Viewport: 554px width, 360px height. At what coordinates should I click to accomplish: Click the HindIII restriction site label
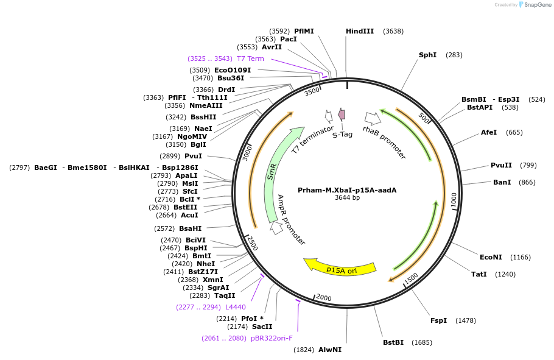coord(360,31)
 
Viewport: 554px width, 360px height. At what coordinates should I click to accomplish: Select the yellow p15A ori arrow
coord(340,267)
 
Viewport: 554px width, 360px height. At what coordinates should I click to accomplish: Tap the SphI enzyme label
coord(427,55)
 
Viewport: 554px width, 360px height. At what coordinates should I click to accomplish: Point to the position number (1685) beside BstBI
coord(422,342)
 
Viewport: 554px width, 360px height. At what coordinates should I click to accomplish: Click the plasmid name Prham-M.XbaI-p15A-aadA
coord(347,190)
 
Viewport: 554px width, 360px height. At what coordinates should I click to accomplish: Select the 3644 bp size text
coord(347,197)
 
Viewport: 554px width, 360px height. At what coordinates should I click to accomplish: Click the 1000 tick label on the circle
coord(453,200)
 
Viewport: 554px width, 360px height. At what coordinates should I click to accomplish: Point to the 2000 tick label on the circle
coord(323,297)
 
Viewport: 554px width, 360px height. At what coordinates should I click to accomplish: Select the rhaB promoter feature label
coord(384,142)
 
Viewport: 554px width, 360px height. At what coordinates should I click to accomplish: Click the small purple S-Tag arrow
coord(342,114)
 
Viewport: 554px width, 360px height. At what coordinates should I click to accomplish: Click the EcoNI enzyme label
coord(491,257)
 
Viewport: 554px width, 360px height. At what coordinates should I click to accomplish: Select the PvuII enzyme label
coord(501,165)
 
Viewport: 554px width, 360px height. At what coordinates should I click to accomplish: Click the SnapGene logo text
coord(538,5)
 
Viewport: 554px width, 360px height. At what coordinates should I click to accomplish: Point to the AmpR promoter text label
coord(292,219)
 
